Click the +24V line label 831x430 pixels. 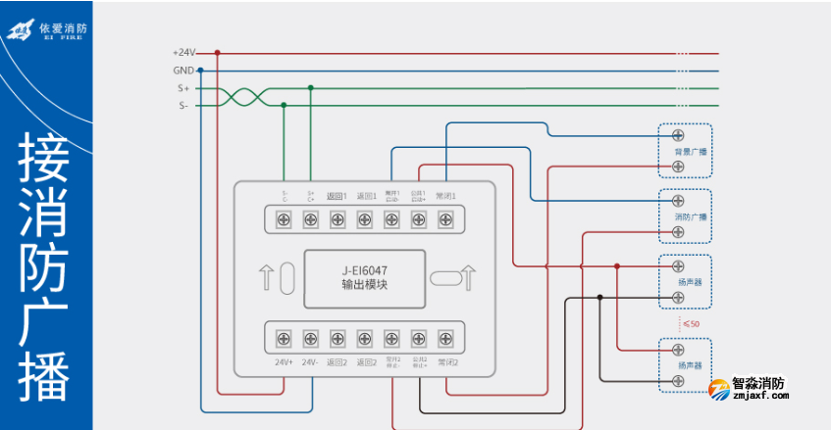183,53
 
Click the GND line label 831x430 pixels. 183,71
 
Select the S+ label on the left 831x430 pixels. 183,88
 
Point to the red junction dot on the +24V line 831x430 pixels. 218,53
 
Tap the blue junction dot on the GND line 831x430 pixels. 200,71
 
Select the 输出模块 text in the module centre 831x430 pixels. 363,285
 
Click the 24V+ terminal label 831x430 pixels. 285,362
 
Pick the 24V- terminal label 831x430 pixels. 311,362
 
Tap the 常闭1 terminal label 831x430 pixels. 446,196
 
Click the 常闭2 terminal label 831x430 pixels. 447,362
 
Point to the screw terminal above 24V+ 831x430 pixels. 284,339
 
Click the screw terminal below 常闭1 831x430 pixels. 445,219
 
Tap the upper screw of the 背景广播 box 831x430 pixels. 678,135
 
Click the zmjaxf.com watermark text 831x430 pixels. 758,398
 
